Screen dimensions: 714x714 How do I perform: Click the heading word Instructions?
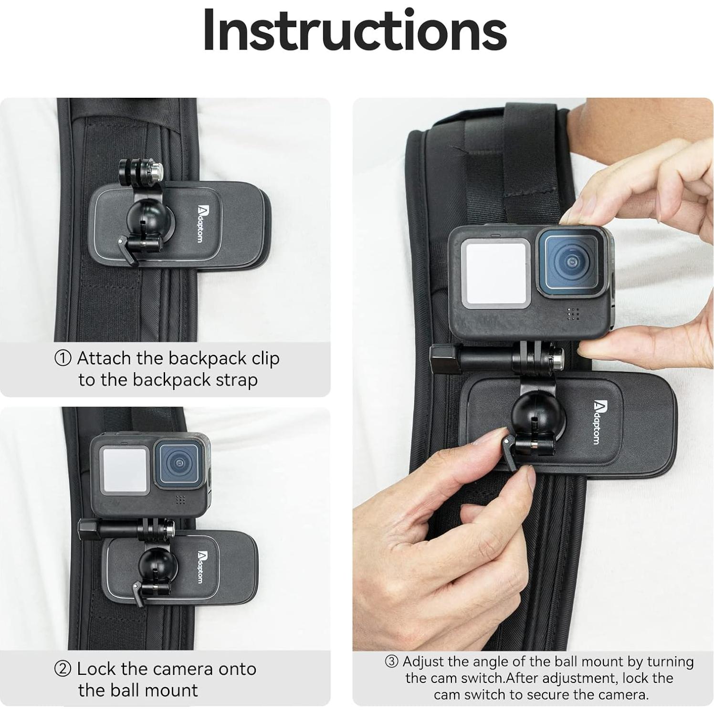click(355, 31)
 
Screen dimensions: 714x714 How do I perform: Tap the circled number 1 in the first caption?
click(63, 358)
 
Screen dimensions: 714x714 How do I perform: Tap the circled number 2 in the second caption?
click(63, 669)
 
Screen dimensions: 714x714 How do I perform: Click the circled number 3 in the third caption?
click(391, 661)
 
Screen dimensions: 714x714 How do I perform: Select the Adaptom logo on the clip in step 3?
click(597, 422)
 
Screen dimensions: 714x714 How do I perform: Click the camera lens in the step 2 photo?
click(179, 463)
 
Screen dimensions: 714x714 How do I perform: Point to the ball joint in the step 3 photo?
click(539, 411)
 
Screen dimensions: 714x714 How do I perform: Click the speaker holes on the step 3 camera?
click(573, 314)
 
